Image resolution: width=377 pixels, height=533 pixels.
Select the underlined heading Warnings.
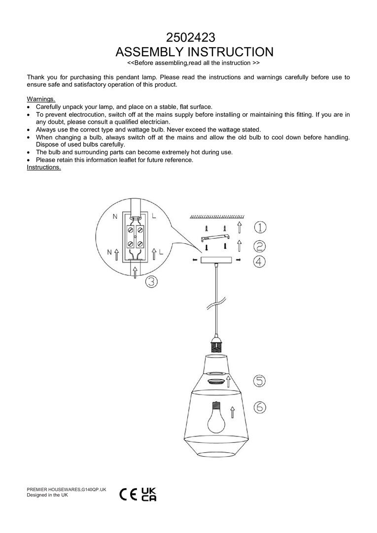pos(41,99)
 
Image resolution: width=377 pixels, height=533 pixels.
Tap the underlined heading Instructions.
pos(44,167)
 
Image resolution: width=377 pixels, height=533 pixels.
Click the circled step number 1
pos(260,227)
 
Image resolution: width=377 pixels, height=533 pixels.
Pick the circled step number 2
pos(260,245)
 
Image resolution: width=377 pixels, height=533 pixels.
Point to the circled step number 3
pos(151,282)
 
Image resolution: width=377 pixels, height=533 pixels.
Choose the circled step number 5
pos(260,380)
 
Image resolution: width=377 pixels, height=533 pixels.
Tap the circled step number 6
pos(260,407)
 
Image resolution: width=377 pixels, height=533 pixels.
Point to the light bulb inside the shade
pos(215,418)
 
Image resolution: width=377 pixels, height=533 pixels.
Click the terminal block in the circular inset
pos(135,236)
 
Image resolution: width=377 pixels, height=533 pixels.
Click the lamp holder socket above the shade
pos(216,343)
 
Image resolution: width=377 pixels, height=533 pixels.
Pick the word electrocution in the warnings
pos(91,114)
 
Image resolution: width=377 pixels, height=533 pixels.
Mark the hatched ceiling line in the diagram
pos(217,216)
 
